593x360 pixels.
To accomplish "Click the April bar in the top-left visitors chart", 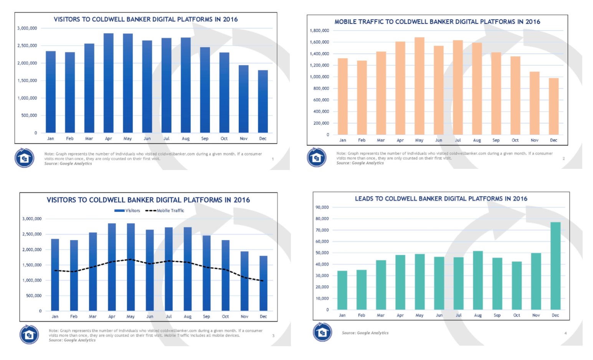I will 109,83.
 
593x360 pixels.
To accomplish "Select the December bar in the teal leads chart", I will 555,266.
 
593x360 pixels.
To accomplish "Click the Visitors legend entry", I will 127,211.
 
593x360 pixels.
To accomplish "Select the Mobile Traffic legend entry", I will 165,211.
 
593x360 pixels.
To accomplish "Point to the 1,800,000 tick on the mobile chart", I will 319,31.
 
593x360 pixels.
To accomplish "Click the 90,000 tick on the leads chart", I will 322,207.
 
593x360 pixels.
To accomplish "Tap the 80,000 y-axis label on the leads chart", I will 322,219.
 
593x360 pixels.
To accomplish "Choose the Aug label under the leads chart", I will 478,315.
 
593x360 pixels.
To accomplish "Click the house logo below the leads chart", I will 322,332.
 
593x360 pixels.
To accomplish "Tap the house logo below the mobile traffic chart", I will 317,157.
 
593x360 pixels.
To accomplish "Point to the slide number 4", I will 565,333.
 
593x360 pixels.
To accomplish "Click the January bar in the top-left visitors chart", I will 51,92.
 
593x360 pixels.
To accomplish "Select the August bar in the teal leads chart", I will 478,280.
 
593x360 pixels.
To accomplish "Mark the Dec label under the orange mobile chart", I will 553,140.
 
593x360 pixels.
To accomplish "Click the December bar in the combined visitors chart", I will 263,283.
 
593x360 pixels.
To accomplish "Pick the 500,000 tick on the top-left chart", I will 29,116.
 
